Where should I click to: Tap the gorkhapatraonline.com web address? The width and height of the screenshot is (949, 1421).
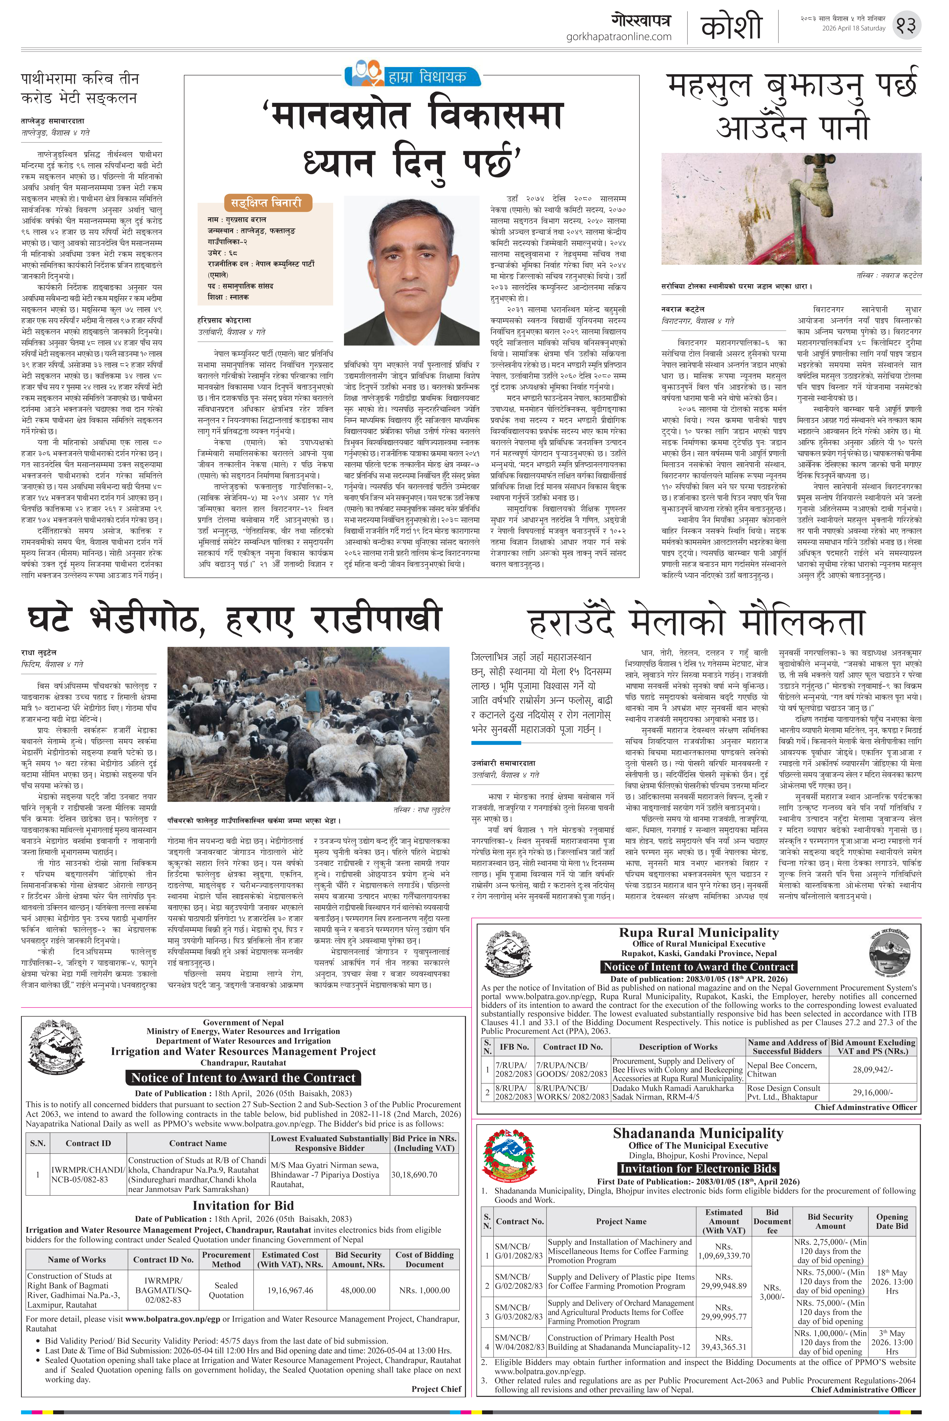[619, 37]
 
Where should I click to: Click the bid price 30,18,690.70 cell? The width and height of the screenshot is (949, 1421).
[414, 1175]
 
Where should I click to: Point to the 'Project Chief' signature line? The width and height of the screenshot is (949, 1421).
[436, 1389]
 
